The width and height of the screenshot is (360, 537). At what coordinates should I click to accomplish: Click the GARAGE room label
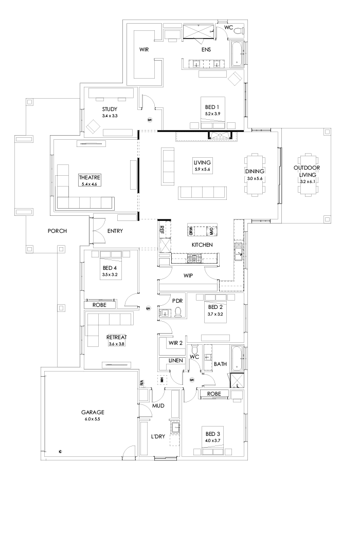(92, 412)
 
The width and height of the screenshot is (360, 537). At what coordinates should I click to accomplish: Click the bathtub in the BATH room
(237, 359)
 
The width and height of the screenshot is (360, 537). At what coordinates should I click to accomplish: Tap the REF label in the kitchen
(162, 230)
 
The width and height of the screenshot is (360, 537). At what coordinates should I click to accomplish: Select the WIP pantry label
(188, 276)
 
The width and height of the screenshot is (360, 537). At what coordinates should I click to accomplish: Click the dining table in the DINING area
(255, 175)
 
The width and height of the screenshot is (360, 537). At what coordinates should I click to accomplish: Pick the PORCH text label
(58, 231)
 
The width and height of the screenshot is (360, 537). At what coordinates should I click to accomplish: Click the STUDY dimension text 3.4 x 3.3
(110, 116)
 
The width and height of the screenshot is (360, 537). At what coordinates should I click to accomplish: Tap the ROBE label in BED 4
(99, 305)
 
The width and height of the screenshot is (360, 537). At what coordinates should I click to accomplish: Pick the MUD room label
(158, 405)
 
